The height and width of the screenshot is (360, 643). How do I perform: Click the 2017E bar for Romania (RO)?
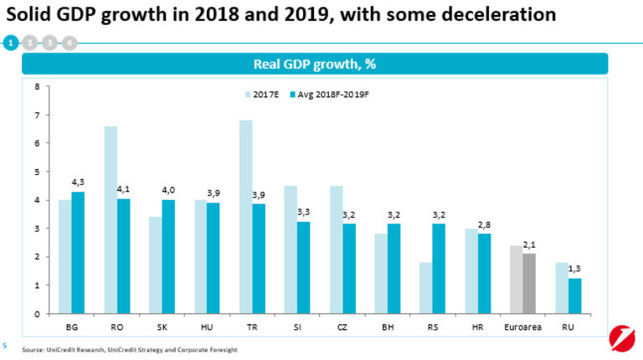(111, 220)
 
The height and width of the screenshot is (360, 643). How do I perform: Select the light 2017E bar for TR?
(245, 217)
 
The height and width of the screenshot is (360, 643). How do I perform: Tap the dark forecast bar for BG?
(78, 253)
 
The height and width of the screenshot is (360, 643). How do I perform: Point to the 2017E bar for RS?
(426, 288)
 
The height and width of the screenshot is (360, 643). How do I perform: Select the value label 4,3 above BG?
(78, 183)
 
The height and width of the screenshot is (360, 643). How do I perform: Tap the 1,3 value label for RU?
(574, 268)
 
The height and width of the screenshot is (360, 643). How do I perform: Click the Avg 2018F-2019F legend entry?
(329, 95)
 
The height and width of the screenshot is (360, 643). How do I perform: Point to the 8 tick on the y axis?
(37, 86)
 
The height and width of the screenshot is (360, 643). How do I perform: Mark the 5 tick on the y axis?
(37, 172)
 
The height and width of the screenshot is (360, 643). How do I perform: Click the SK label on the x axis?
(162, 327)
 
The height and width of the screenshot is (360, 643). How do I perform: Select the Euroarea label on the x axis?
(522, 327)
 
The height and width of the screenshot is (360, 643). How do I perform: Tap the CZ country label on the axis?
(342, 327)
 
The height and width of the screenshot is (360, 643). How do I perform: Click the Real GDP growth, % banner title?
(315, 64)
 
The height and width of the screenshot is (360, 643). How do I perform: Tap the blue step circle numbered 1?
(10, 42)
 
